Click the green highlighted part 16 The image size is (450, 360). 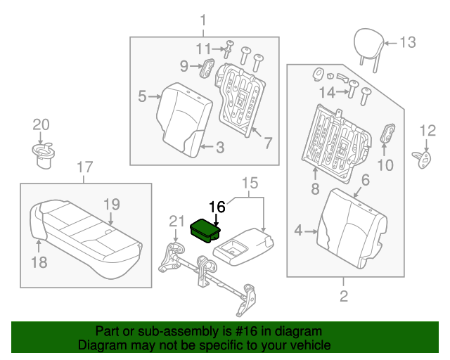coord(205,229)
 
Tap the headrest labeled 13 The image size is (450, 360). coord(365,41)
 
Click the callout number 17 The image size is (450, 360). coord(84,167)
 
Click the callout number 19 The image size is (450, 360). coord(112,205)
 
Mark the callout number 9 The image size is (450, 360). coord(184,67)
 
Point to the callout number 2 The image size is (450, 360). coord(344,297)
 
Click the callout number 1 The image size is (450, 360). coord(203,19)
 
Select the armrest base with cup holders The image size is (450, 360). coord(243,247)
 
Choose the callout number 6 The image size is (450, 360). coord(365,180)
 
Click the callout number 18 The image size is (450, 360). coord(39,263)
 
